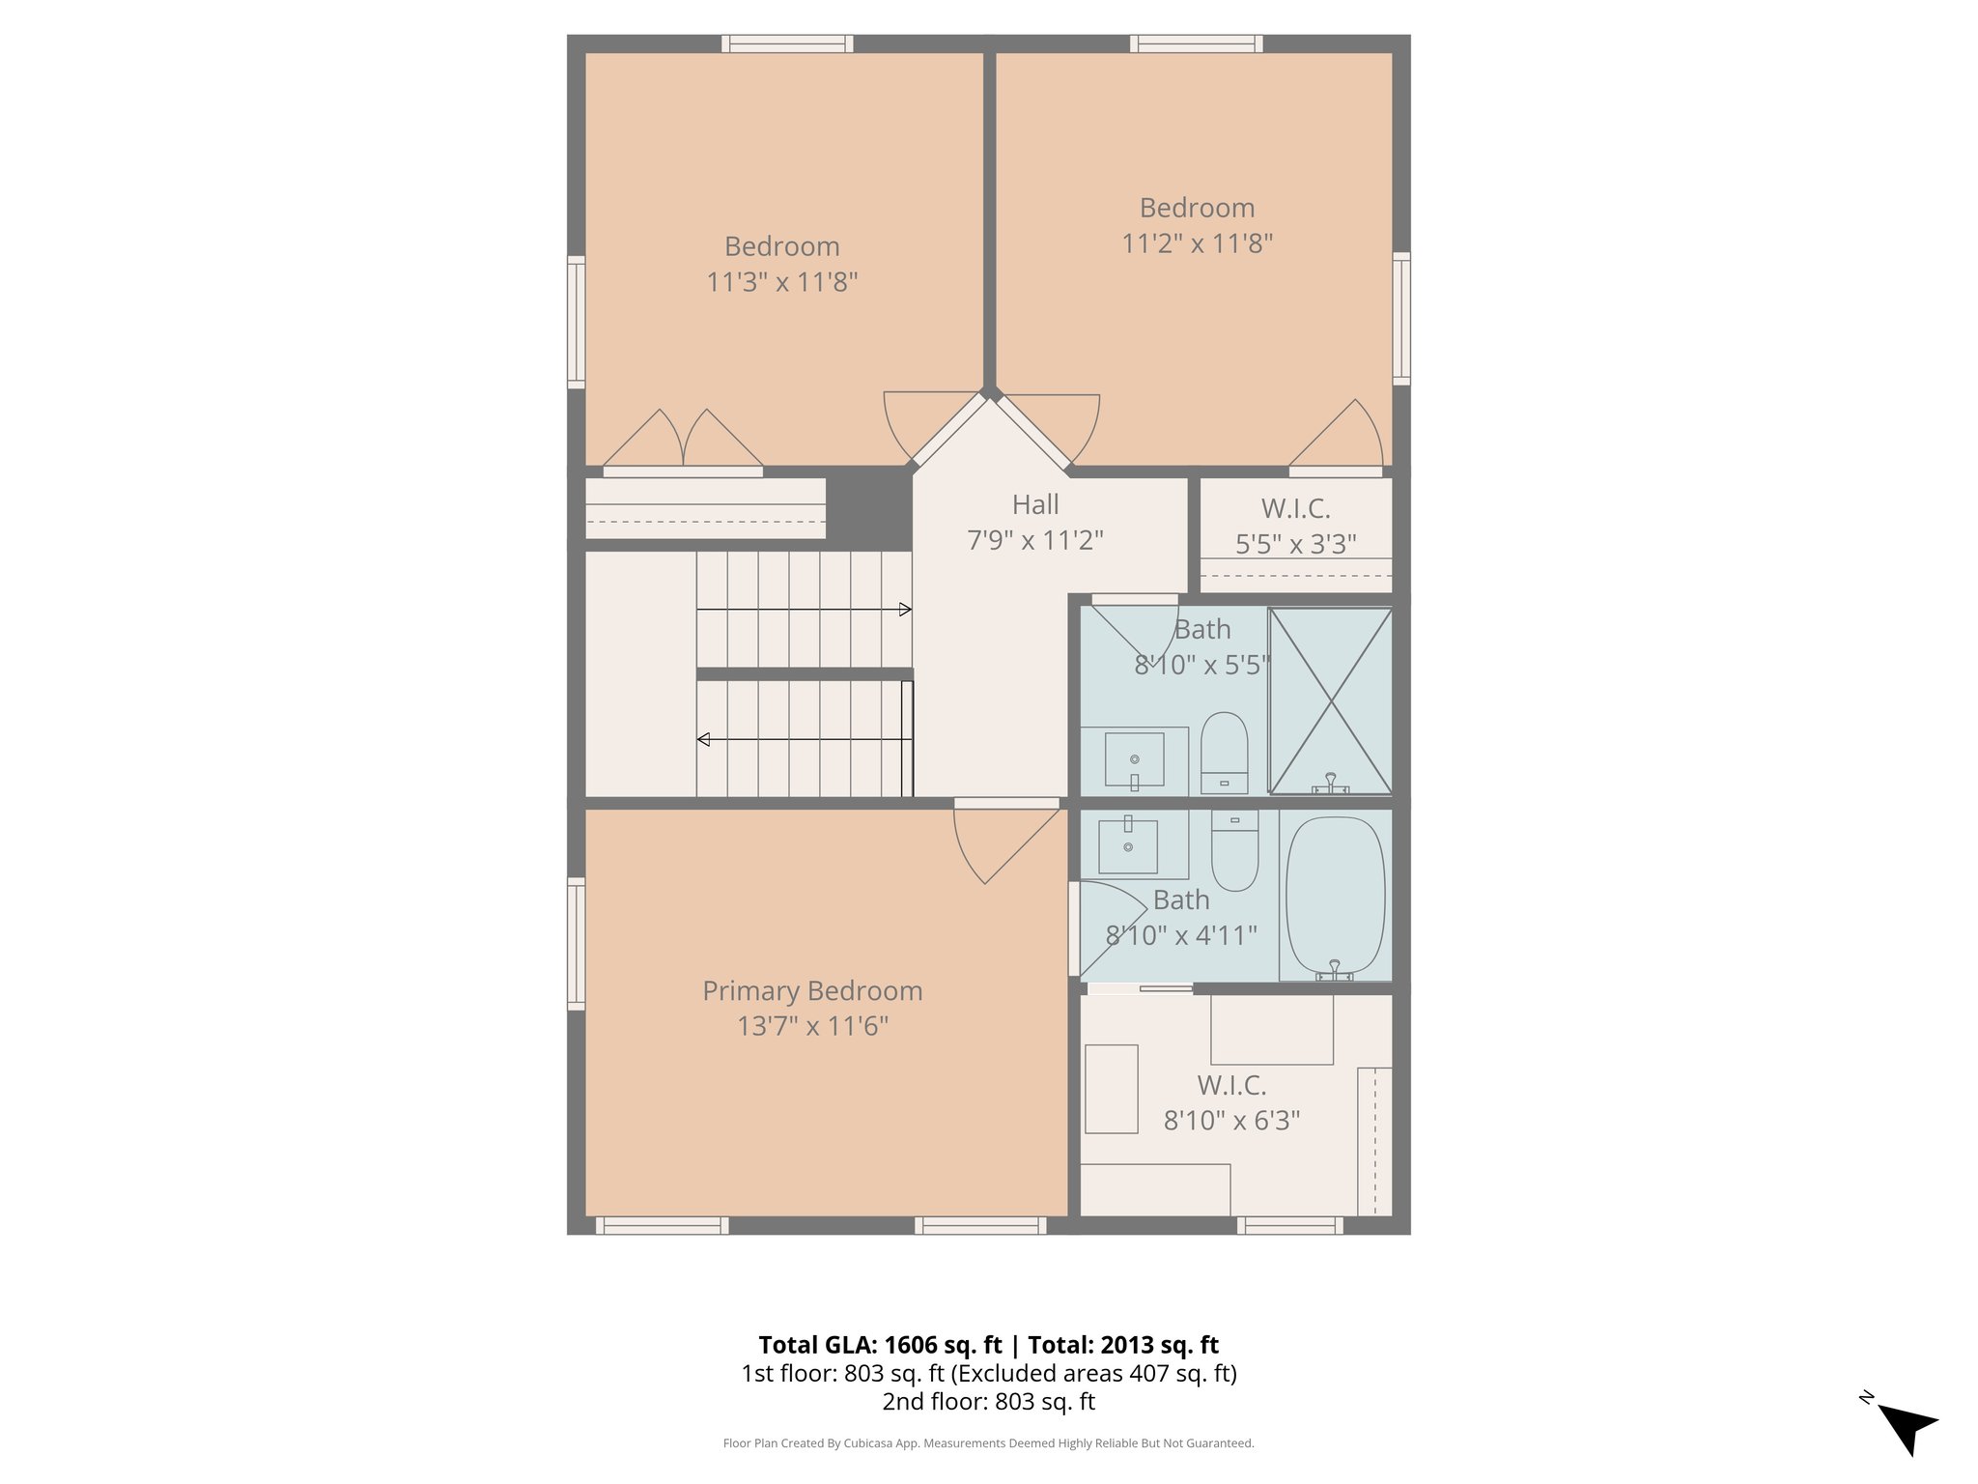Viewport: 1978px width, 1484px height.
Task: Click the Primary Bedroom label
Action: pos(812,990)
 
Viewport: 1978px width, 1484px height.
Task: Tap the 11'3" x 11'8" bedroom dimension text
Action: pos(781,282)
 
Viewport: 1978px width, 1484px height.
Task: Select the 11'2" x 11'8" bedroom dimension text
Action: pos(1197,243)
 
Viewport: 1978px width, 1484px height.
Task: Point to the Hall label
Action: pos(1035,504)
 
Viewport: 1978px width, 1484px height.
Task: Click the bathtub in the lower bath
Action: pos(1335,895)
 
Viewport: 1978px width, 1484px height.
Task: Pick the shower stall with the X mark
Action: pos(1330,700)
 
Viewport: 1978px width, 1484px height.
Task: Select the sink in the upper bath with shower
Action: pos(1134,759)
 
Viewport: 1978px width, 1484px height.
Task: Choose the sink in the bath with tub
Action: pos(1128,847)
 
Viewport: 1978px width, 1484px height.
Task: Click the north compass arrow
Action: pos(1907,1428)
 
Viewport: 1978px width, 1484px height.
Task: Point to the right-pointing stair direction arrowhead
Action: pos(905,610)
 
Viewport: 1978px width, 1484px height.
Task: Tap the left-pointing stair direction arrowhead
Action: pos(704,739)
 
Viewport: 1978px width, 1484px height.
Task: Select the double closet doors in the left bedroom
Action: pos(683,441)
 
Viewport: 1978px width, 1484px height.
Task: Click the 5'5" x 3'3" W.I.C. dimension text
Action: pos(1295,544)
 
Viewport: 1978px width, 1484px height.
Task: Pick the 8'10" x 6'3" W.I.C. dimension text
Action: pos(1231,1121)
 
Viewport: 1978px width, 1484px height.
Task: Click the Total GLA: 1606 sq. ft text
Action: pos(880,1345)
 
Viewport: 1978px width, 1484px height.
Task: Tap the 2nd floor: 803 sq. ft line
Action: pos(988,1401)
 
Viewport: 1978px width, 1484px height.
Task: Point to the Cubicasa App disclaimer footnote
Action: pos(988,1443)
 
